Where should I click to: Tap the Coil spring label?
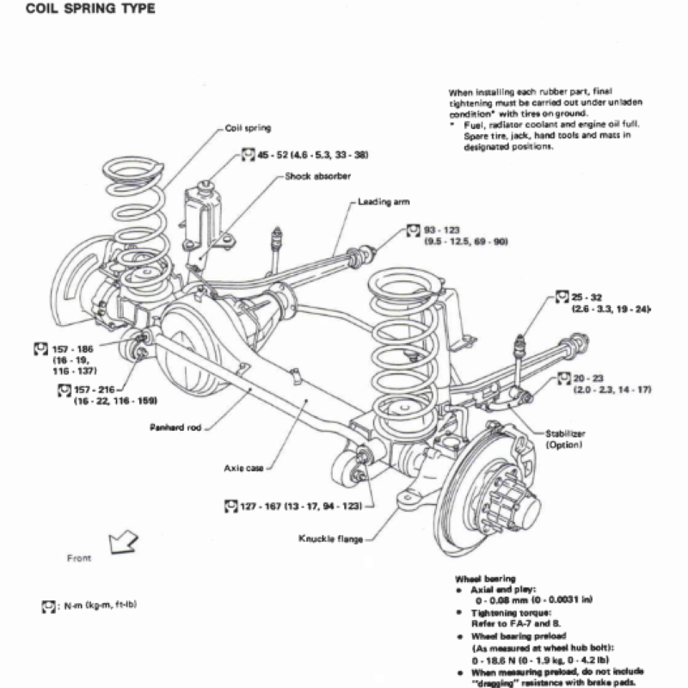[x=248, y=128]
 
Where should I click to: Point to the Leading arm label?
[x=384, y=202]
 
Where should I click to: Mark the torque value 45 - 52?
[x=275, y=156]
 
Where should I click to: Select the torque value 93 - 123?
[x=443, y=230]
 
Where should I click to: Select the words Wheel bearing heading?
[x=483, y=579]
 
